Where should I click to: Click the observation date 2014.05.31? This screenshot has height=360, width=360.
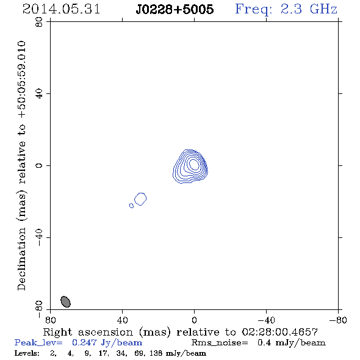click(61, 9)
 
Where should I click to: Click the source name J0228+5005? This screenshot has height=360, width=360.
click(175, 9)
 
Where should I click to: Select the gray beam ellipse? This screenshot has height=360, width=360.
click(65, 301)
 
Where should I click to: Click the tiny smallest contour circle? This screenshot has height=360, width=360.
click(131, 206)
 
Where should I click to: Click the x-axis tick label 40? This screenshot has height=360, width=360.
click(122, 320)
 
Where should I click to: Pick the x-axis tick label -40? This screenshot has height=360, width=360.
click(266, 320)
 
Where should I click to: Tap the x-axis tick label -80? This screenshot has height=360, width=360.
click(338, 320)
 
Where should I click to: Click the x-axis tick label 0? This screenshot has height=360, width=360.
click(194, 320)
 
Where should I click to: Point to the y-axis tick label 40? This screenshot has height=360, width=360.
click(39, 93)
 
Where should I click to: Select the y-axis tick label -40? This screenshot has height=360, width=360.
click(39, 237)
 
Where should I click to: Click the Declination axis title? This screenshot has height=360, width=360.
click(21, 165)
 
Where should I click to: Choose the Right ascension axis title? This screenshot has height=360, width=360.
click(181, 332)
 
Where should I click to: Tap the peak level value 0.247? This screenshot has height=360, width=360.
click(84, 342)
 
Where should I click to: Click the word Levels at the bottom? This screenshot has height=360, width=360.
click(27, 353)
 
